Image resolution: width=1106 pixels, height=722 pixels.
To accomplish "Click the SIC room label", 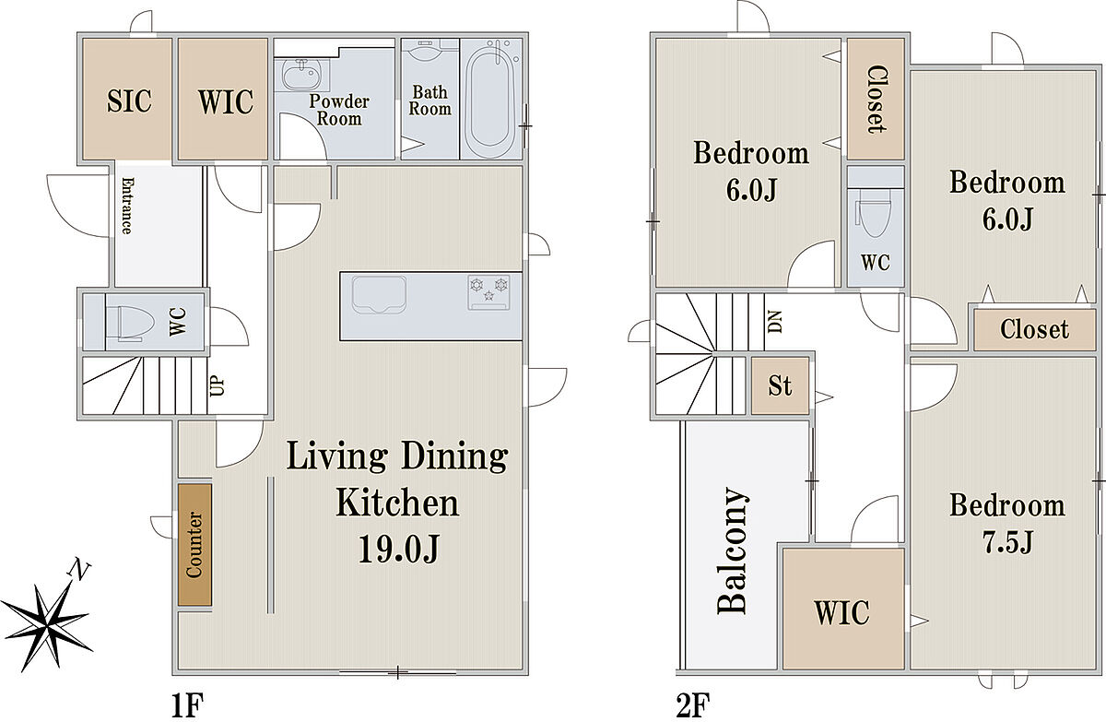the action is tap(129, 101).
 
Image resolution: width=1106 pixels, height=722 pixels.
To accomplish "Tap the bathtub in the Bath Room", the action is tap(489, 98).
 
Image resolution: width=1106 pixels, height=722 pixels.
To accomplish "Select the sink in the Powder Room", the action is tap(301, 75).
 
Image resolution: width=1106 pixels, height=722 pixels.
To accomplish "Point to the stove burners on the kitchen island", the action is tap(488, 292).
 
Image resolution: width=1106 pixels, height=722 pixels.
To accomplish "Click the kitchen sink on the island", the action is tap(379, 295).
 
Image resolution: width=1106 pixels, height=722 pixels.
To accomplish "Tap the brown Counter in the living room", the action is tap(195, 544).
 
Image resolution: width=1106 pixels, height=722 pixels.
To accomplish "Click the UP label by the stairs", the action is tap(217, 385).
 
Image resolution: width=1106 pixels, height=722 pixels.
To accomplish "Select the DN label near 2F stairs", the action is tap(775, 322).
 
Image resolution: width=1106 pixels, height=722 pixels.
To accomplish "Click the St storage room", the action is tap(780, 385).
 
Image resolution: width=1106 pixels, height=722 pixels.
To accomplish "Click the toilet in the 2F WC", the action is tap(875, 218).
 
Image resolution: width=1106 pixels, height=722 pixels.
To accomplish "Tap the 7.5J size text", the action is tap(1007, 542).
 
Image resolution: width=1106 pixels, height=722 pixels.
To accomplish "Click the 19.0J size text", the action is tap(398, 550).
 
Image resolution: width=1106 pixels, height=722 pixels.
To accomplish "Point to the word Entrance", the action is tap(127, 206).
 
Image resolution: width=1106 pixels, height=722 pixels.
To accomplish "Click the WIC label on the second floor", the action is tap(842, 612).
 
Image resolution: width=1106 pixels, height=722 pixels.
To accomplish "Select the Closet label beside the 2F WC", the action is tap(877, 100).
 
